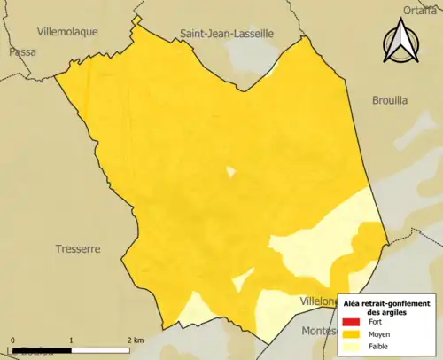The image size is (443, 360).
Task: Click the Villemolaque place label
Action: (68, 31)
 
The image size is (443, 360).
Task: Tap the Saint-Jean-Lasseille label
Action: (228, 34)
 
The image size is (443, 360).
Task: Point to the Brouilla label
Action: (390, 101)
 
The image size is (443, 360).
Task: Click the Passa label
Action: (21, 52)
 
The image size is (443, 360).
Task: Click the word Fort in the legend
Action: (376, 323)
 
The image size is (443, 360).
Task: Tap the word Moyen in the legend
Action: (380, 334)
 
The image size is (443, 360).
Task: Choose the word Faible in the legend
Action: (379, 347)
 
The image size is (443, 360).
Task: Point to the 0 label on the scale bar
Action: (12, 340)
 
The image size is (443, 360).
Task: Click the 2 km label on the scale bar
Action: (135, 340)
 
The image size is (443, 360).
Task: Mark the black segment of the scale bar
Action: (42, 348)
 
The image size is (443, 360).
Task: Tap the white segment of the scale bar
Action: (102, 348)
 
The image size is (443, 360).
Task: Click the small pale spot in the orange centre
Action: (230, 172)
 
